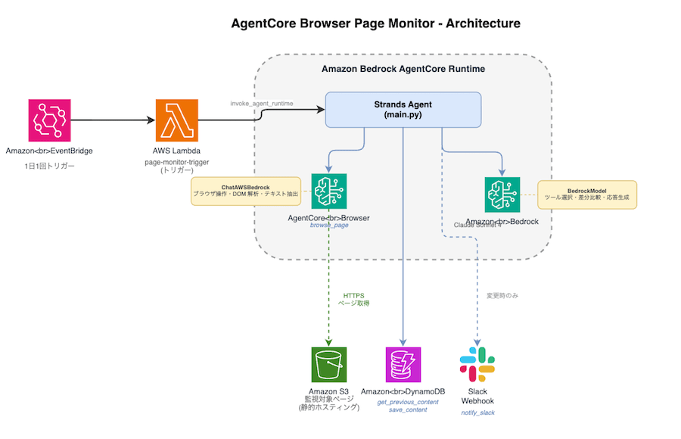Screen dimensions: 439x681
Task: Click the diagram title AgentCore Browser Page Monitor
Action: pos(375,23)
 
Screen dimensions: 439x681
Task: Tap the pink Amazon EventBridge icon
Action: pos(49,120)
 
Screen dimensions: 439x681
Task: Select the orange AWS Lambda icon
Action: pos(176,120)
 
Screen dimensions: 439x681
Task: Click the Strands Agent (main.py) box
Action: pos(403,110)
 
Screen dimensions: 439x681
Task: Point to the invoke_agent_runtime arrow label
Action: pos(262,103)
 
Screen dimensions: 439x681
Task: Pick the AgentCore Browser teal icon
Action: pos(328,191)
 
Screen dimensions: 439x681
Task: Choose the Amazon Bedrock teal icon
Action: pos(502,195)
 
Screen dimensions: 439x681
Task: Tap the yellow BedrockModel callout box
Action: pos(586,195)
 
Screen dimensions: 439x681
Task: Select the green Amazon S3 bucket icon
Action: pos(328,366)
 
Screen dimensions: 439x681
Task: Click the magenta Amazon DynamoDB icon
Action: pos(403,366)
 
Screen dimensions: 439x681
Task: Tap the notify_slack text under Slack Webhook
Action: pos(477,413)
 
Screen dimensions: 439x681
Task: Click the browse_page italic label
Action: pos(328,226)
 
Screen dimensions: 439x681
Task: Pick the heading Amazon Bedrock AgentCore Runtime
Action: pos(403,69)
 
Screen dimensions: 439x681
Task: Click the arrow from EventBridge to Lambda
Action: pos(110,120)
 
